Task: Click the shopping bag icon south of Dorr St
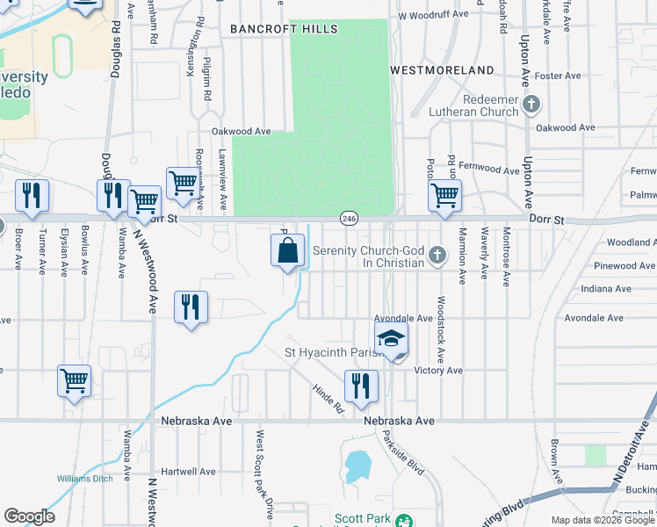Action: [x=287, y=251]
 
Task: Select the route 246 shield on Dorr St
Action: [x=349, y=218]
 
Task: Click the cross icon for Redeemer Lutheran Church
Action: [x=531, y=105]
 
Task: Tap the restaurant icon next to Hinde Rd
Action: [x=360, y=386]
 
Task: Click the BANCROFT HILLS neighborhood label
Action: [x=284, y=29]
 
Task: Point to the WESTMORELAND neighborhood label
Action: [x=441, y=69]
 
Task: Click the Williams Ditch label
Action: [x=85, y=479]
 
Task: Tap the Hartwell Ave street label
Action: [x=188, y=472]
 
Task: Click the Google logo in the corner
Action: [x=29, y=516]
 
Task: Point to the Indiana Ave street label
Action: [x=606, y=288]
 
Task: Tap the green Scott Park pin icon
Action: [x=404, y=521]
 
